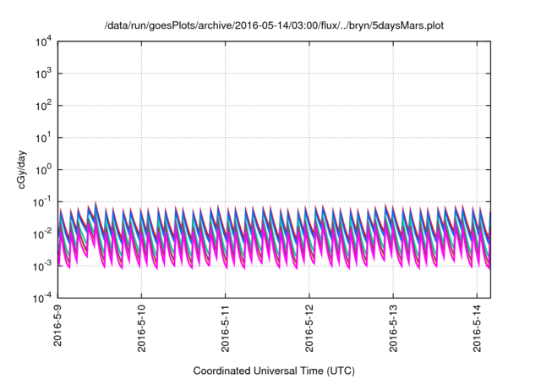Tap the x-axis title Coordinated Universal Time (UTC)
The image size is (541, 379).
tap(274, 371)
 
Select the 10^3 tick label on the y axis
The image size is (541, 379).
tap(43, 74)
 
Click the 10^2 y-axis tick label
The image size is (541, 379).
tap(43, 106)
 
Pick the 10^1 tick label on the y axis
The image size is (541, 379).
tap(43, 138)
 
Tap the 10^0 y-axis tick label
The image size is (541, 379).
tap(43, 170)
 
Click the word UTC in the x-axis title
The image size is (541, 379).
tap(338, 371)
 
